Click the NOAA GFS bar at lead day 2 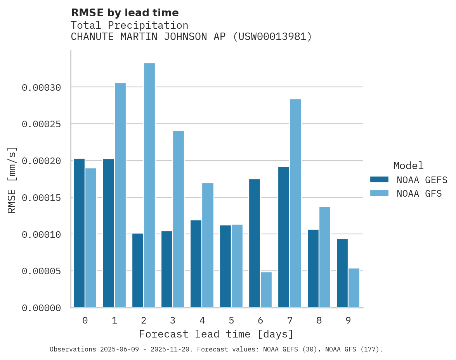pos(149,185)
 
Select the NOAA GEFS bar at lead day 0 pos(79,233)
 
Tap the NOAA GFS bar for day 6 pos(266,290)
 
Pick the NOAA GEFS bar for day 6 pos(255,243)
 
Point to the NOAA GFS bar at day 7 pos(295,203)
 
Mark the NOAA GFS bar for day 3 pos(179,219)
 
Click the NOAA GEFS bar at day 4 pos(196,264)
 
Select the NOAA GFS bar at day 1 pos(120,195)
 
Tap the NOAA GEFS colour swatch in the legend pos(380,179)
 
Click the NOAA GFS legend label pos(419,193)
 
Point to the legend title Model pos(408,166)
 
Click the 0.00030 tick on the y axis pos(42,88)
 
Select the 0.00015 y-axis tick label pos(42,198)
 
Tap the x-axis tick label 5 pos(231,320)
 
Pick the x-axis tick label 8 pos(319,320)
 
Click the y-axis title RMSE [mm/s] pos(12,180)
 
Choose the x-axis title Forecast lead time pos(216,334)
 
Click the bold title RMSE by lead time pos(125,13)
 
